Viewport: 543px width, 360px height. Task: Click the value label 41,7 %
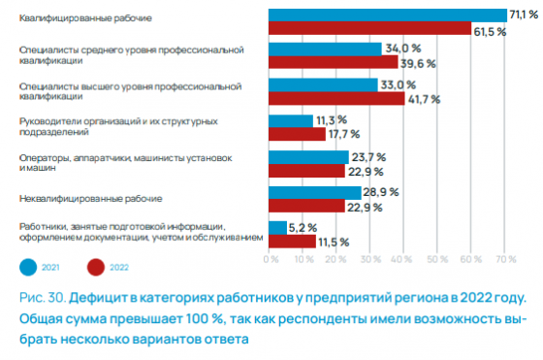pyautogui.click(x=424, y=98)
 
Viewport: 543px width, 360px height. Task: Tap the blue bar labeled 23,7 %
pyautogui.click(x=306, y=156)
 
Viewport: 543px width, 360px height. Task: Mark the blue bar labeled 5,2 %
pyautogui.click(x=276, y=227)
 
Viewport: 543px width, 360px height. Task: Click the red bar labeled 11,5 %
pyautogui.click(x=287, y=241)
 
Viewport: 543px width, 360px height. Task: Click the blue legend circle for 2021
pyautogui.click(x=29, y=266)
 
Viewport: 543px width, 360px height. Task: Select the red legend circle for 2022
pyautogui.click(x=95, y=266)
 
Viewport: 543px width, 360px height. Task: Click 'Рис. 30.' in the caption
pyautogui.click(x=37, y=295)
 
